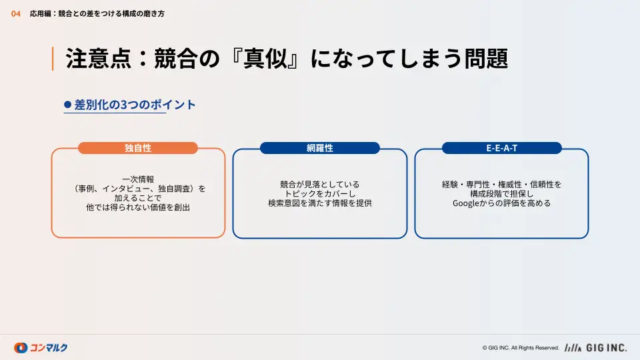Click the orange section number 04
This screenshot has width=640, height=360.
click(x=16, y=14)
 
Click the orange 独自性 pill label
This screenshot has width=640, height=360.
click(x=138, y=148)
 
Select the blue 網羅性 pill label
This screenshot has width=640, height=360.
click(x=320, y=148)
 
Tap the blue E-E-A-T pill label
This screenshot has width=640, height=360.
click(x=501, y=148)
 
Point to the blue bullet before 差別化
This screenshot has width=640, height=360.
click(x=68, y=105)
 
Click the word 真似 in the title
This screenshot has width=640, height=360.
click(x=265, y=59)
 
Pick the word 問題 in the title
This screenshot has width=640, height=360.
click(x=486, y=59)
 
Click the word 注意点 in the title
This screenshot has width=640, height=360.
click(x=99, y=59)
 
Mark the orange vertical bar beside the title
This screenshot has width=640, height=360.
click(x=53, y=59)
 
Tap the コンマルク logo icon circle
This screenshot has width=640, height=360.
click(x=21, y=348)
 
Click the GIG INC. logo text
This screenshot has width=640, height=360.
click(x=606, y=348)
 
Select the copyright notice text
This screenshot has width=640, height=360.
click(x=521, y=348)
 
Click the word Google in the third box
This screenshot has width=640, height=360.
click(x=466, y=203)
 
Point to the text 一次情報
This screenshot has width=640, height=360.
click(x=138, y=179)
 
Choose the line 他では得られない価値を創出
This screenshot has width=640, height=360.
click(x=138, y=207)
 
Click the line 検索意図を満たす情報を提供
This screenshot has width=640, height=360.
click(x=320, y=203)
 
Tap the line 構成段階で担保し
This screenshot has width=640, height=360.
click(x=501, y=194)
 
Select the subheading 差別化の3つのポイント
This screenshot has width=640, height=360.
click(x=135, y=105)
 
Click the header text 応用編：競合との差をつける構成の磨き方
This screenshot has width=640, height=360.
click(x=97, y=14)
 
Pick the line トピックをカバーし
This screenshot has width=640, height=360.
click(x=320, y=194)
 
